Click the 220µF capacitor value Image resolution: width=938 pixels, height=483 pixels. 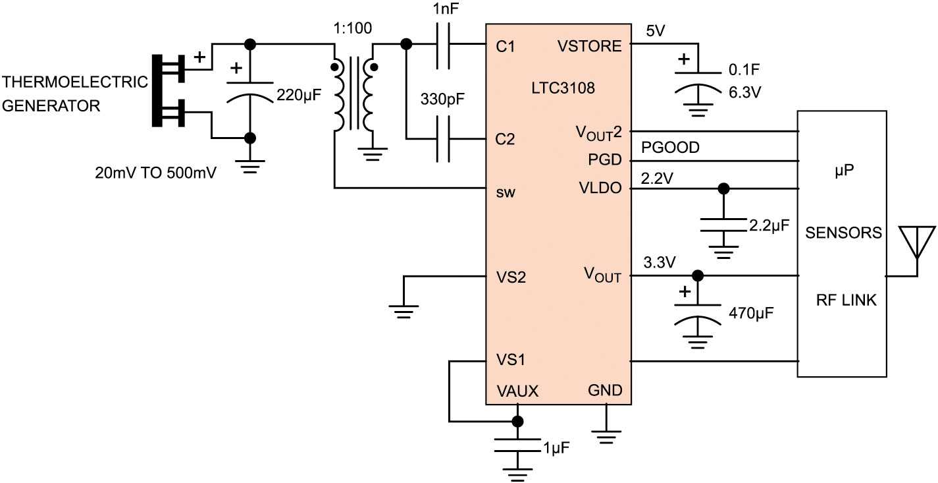point(300,95)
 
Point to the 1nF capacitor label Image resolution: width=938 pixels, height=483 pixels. point(442,11)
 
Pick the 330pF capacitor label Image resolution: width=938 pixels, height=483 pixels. point(442,103)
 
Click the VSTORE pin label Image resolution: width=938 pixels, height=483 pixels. point(589,46)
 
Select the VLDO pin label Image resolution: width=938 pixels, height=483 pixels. point(601,188)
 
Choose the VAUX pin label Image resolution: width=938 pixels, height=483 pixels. point(517,391)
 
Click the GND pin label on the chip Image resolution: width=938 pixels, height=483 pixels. point(605,391)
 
